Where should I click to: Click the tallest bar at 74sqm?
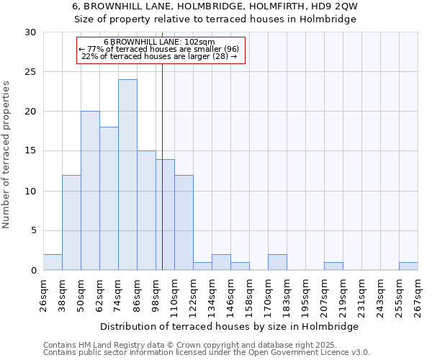[127, 175]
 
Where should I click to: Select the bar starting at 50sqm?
[90, 191]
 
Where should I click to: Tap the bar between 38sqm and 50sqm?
[71, 222]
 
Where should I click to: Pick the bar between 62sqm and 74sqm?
[109, 199]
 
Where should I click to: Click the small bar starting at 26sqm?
[53, 262]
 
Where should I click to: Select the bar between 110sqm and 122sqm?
[184, 222]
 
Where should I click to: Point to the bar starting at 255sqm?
[408, 266]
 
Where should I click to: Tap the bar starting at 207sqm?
[333, 266]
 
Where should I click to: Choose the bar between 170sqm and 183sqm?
[277, 262]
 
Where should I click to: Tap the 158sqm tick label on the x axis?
[248, 296]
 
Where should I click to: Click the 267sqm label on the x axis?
[418, 296]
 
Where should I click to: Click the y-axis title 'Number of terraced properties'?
[6, 155]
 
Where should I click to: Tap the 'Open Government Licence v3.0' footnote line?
[207, 353]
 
